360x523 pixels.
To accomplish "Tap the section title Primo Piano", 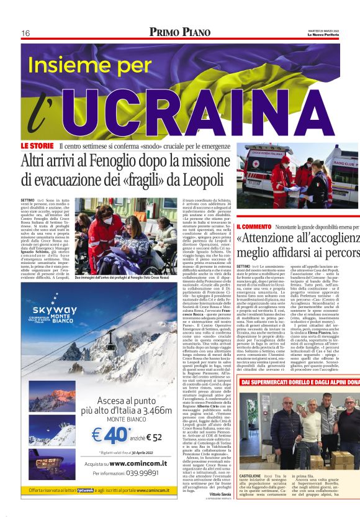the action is [179, 32].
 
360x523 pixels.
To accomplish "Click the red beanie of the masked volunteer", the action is [285, 160].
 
